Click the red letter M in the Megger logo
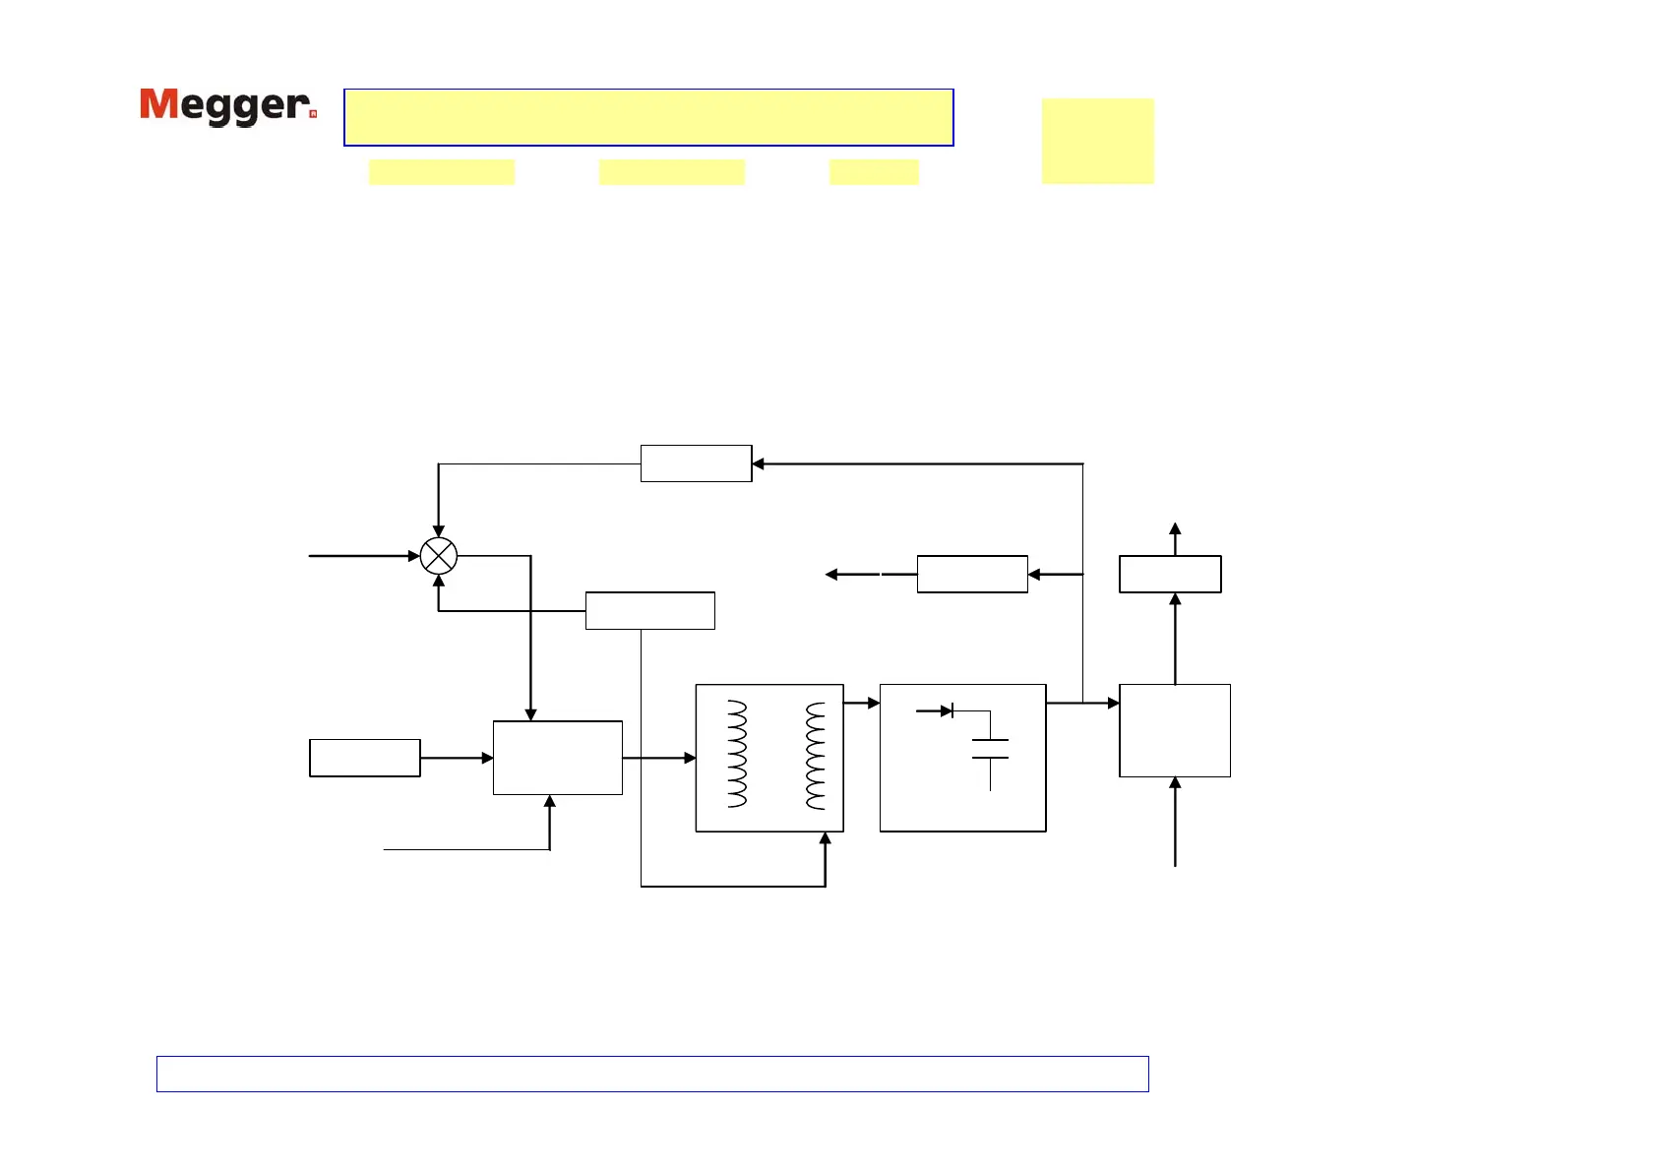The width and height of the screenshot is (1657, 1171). point(158,104)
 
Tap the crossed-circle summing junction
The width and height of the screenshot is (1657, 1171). point(439,556)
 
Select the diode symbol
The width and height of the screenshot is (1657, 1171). point(946,710)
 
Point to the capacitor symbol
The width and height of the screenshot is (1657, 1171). point(990,749)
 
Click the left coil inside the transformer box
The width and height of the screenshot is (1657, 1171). point(737,754)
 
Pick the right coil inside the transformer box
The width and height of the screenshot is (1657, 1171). point(816,755)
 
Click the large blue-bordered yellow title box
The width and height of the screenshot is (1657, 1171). point(648,117)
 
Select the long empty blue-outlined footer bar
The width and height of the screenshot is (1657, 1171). point(651,1074)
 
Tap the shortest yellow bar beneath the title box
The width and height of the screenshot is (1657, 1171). point(874,172)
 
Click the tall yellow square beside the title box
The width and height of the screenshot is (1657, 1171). point(1097,141)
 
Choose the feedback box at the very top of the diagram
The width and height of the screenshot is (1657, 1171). point(696,463)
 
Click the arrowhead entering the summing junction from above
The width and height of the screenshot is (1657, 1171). point(439,531)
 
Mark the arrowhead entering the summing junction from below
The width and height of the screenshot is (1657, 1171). point(439,581)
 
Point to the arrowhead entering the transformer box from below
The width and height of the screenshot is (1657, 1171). point(825,838)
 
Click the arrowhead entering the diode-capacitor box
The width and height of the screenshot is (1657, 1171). point(873,703)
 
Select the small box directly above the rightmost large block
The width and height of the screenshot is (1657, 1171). point(1170,574)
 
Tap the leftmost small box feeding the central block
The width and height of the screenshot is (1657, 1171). point(365,758)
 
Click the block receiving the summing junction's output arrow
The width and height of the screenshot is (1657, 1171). point(557,758)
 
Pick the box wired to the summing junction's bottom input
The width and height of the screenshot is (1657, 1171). point(649,610)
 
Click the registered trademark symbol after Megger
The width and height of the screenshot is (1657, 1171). point(313,114)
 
